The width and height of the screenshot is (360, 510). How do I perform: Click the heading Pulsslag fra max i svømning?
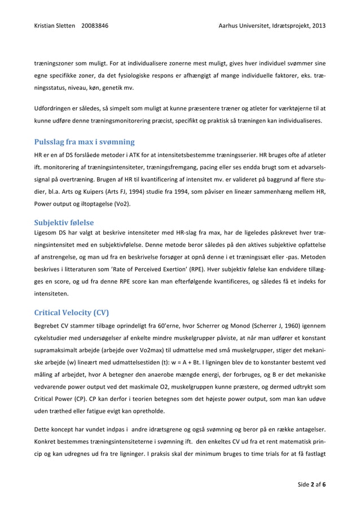tap(84, 142)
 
